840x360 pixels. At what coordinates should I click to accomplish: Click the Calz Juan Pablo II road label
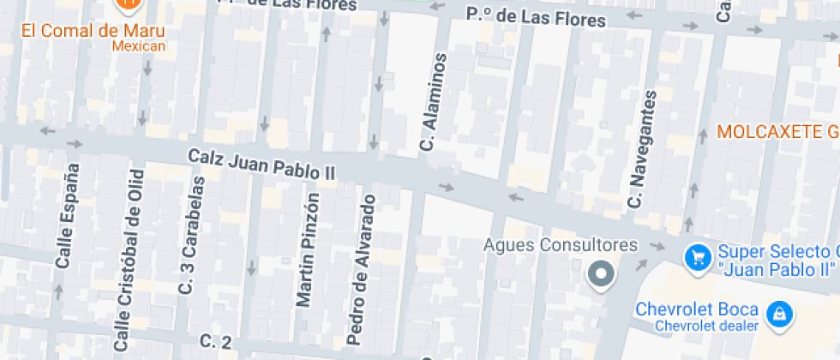click(261, 164)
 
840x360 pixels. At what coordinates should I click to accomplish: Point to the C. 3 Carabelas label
click(192, 236)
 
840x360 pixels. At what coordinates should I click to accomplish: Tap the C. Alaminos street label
click(434, 103)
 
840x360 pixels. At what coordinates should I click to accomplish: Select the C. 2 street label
click(215, 341)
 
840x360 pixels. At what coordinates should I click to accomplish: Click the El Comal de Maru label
click(93, 31)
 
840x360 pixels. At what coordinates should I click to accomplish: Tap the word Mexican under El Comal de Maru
click(138, 46)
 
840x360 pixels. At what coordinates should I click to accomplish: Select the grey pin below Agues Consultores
click(601, 275)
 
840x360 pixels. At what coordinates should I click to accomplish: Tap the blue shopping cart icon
click(697, 255)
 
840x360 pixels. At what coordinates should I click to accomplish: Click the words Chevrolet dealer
click(706, 326)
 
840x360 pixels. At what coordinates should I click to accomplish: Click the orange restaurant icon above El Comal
click(129, 4)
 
